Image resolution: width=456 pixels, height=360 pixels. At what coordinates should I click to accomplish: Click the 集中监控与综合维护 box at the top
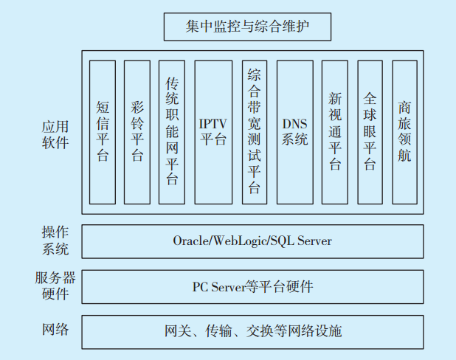tap(247, 27)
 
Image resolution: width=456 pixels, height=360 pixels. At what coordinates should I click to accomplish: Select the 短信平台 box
tap(102, 131)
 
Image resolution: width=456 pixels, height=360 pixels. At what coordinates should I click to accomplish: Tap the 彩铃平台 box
tap(137, 131)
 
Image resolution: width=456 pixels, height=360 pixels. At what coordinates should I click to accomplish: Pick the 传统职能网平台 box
tap(172, 131)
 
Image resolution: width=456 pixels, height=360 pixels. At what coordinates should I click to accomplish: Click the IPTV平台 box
tap(213, 131)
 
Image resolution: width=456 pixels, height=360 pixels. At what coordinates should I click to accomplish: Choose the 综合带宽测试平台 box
tap(254, 131)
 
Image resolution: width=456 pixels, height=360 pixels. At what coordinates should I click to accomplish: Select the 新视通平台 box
tap(335, 131)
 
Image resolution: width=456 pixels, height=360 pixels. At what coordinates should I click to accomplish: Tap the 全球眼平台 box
tap(370, 131)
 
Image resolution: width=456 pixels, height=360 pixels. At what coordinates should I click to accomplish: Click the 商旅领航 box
tap(405, 131)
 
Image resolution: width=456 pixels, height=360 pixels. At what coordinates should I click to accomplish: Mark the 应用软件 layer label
tap(55, 134)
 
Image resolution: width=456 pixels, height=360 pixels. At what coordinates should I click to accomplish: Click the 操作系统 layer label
tap(55, 240)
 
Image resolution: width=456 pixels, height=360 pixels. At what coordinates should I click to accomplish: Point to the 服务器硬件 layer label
tap(55, 285)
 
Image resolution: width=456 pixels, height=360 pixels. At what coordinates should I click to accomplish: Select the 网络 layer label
tap(55, 329)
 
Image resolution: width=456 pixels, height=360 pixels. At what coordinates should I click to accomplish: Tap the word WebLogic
tap(241, 241)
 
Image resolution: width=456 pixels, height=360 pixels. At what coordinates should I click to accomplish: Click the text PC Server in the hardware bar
tap(218, 287)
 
